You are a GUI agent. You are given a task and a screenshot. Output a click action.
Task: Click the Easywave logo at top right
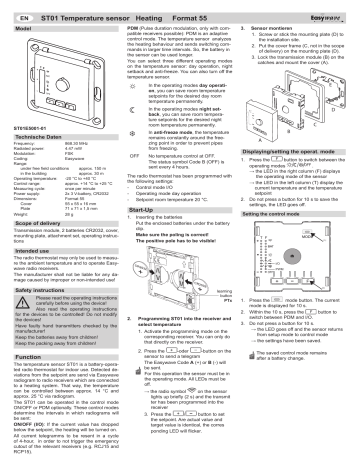pyautogui.click(x=336, y=8)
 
